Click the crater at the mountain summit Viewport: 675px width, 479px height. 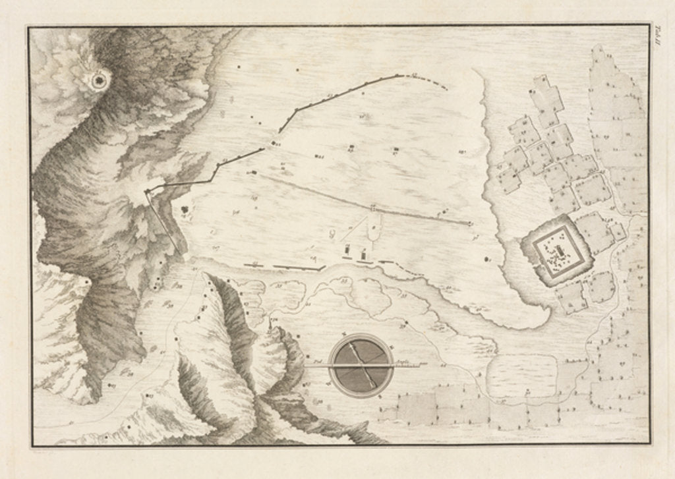click(x=100, y=80)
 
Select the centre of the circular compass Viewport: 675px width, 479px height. click(x=361, y=365)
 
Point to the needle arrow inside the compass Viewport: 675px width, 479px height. click(x=361, y=364)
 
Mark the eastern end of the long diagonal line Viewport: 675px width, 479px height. click(x=471, y=223)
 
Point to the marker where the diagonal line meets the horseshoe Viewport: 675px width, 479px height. click(x=373, y=210)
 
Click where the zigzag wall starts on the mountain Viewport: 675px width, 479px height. click(x=146, y=191)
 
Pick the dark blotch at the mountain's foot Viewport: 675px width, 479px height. click(x=184, y=210)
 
